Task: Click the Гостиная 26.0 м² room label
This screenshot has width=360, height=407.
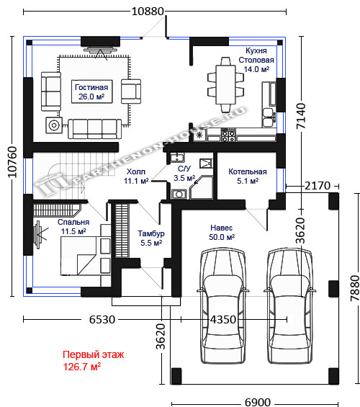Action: click(91, 92)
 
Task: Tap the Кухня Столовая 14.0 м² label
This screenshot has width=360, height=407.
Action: click(256, 60)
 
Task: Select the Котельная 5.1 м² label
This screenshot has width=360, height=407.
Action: click(248, 176)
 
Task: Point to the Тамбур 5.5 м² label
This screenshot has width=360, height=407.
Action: click(151, 238)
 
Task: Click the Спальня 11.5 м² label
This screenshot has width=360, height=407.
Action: click(73, 227)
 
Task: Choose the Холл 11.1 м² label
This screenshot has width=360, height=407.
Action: click(136, 176)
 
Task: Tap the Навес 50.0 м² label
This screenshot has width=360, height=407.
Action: click(222, 232)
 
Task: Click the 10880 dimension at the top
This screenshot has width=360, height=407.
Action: click(148, 12)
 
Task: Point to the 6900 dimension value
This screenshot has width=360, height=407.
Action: click(258, 403)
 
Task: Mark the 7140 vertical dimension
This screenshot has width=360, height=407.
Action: click(301, 116)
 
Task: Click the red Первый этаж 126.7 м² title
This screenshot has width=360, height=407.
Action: click(94, 361)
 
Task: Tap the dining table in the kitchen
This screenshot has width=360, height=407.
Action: click(225, 85)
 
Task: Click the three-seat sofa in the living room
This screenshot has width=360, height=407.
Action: click(94, 129)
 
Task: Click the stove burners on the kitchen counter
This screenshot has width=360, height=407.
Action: click(228, 135)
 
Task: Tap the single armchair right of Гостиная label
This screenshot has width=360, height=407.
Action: click(131, 91)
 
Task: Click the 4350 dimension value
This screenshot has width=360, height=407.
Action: click(223, 319)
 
